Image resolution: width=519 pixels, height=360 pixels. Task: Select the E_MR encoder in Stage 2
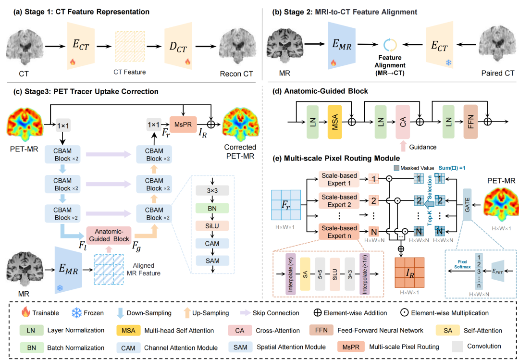pos(341,46)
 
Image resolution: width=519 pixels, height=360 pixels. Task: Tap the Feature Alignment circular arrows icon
pos(389,46)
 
